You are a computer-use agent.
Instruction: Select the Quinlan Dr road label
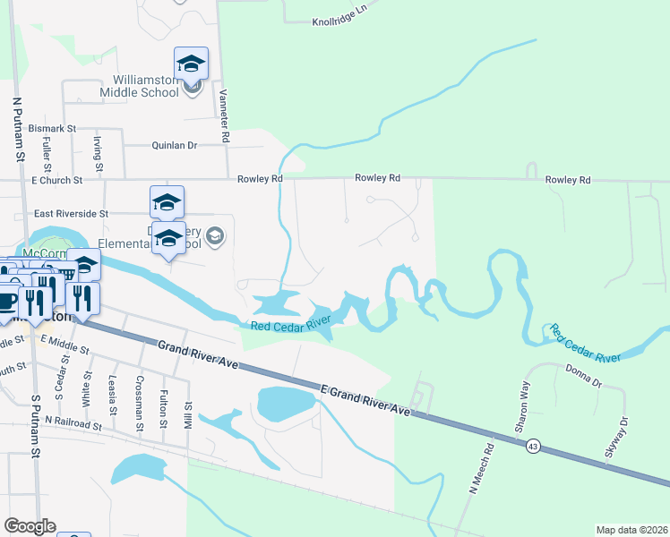[x=174, y=145]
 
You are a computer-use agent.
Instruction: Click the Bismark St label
[x=53, y=129]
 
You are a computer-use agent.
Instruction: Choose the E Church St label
[x=56, y=180]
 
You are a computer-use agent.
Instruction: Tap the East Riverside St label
[x=71, y=214]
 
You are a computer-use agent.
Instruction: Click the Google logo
[x=30, y=526]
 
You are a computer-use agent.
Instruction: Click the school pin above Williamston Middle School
[x=191, y=63]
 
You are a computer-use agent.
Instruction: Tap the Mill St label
[x=189, y=391]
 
